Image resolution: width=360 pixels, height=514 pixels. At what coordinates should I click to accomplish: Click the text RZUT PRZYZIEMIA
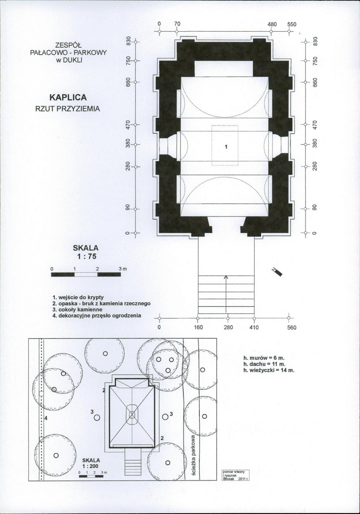coord(68,108)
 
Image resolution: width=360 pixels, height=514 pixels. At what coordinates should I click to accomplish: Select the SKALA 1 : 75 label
coord(86,252)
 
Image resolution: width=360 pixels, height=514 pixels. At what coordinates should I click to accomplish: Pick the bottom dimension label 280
coord(228,328)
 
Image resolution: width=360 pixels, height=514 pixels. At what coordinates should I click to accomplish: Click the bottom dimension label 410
coord(255,328)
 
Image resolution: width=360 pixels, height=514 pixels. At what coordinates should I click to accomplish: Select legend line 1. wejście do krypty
coord(78,297)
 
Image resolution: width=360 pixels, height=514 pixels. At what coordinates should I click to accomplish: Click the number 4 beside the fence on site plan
coord(45,418)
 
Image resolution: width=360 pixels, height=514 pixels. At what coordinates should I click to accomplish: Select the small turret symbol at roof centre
coord(132,415)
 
